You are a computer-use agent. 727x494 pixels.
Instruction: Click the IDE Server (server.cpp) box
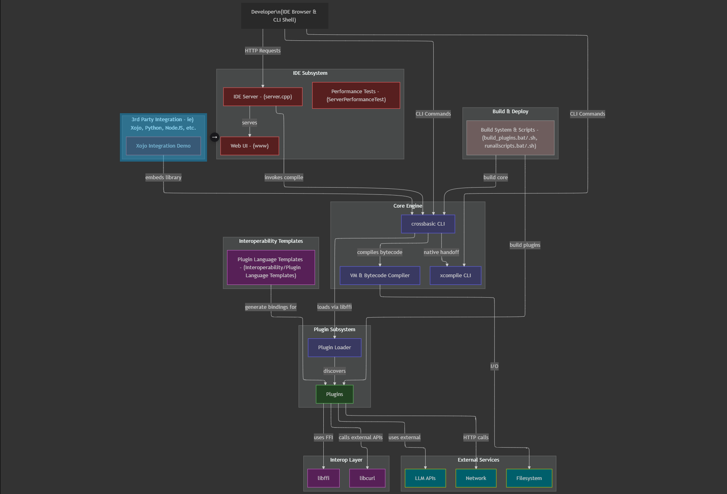tap(263, 97)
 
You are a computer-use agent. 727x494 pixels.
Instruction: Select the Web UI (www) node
tap(249, 146)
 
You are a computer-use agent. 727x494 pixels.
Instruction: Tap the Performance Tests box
tap(356, 96)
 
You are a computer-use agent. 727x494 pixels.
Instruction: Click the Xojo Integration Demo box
tap(163, 146)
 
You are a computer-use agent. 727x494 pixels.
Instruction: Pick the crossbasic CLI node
tap(428, 224)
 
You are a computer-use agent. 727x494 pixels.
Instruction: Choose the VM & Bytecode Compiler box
tap(380, 276)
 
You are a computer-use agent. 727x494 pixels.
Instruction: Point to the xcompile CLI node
tap(455, 276)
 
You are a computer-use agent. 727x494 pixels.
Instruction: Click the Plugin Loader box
tap(335, 348)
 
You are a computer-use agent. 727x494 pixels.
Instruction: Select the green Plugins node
tap(335, 394)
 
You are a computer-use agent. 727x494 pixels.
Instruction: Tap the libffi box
tap(323, 478)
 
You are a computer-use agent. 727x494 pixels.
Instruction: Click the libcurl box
tap(367, 478)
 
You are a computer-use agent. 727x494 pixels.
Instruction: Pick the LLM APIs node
tap(425, 478)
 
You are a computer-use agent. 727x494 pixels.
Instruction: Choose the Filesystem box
tap(529, 478)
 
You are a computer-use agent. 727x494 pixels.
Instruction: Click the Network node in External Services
tap(476, 478)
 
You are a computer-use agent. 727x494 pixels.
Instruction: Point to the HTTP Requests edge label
tap(263, 51)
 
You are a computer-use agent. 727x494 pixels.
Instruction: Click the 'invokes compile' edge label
tap(284, 178)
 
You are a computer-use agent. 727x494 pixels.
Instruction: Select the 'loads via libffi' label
tap(335, 307)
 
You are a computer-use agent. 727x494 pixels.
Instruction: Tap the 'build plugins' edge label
tap(525, 245)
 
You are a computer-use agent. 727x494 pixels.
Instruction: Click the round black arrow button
tap(215, 137)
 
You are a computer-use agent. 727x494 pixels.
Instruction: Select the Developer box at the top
tap(284, 16)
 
